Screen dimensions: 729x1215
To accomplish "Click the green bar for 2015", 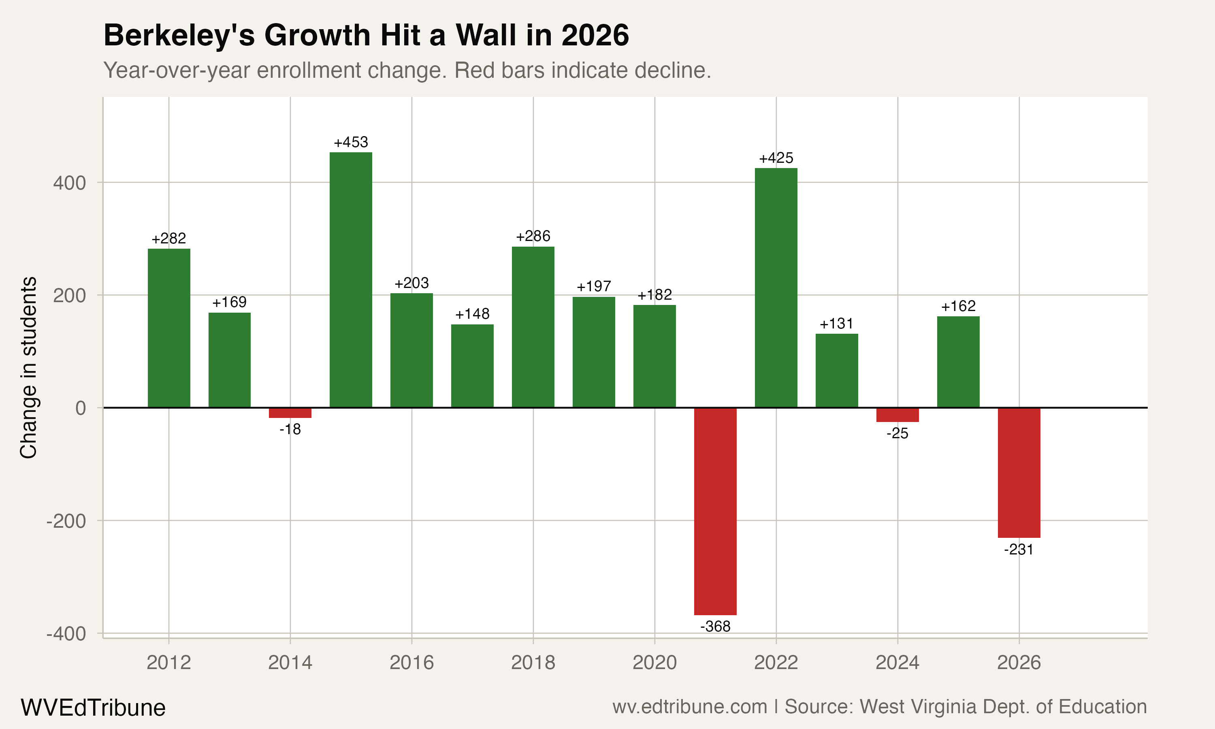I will tap(351, 280).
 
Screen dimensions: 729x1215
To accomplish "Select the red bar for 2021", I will tap(715, 511).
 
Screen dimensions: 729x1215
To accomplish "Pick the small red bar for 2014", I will tap(290, 413).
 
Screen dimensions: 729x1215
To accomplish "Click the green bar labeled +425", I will tap(776, 288).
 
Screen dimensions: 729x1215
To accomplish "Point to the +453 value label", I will tap(351, 143).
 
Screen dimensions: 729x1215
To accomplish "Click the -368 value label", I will tap(715, 626).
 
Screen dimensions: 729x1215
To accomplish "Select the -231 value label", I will tap(1019, 549).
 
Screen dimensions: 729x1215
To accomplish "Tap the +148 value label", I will tap(472, 314).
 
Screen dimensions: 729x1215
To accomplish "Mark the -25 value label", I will tap(897, 433).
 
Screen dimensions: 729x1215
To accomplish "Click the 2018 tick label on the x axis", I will tap(533, 663).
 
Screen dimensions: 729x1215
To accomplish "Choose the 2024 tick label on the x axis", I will tap(897, 663).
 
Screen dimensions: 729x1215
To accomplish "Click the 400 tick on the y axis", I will tap(69, 183).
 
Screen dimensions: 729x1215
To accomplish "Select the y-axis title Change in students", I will tap(28, 367).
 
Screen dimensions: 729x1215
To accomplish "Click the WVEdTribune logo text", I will tap(93, 708).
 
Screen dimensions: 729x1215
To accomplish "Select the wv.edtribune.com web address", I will tap(690, 707).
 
